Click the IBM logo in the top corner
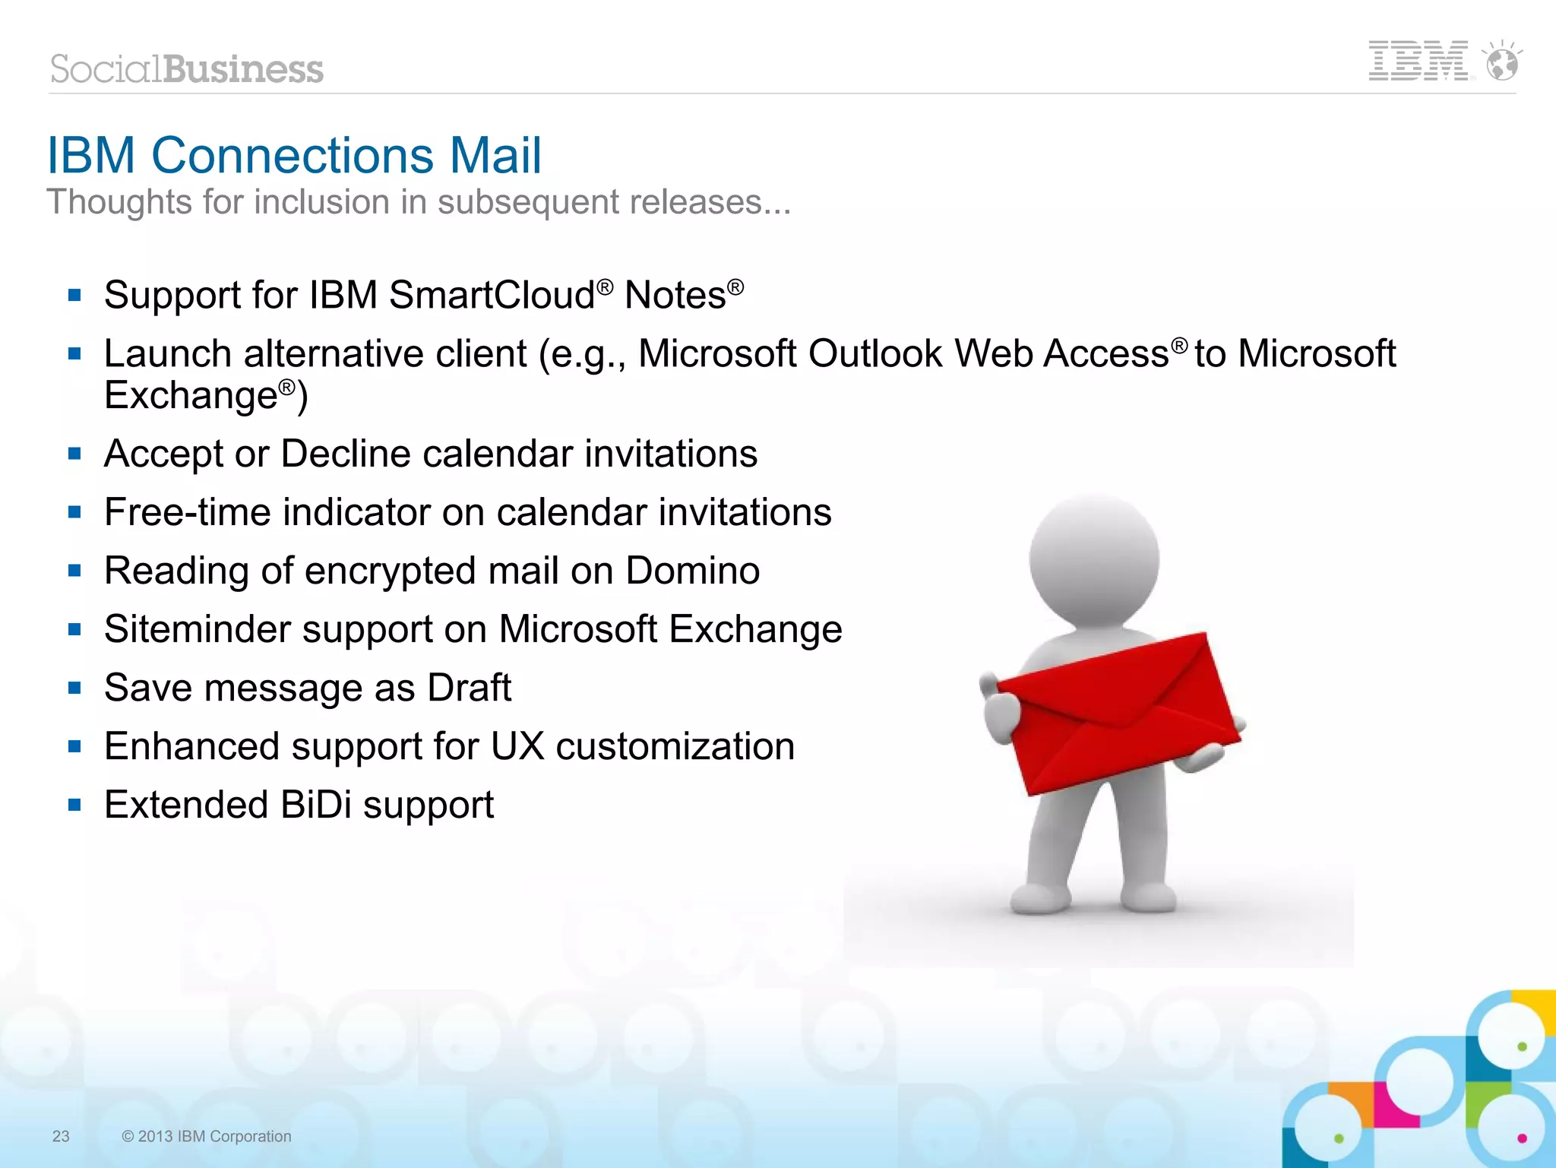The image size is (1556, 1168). (x=1418, y=61)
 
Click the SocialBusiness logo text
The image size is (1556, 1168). (x=187, y=69)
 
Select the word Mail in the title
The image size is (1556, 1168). (x=495, y=156)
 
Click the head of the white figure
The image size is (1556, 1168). (x=1094, y=559)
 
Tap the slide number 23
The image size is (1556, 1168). (x=61, y=1136)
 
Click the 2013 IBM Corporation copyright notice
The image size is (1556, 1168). (x=207, y=1136)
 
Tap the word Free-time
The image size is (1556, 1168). (x=187, y=512)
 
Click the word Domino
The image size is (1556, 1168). (x=692, y=571)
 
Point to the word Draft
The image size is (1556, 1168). (x=469, y=688)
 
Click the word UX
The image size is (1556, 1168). (x=517, y=746)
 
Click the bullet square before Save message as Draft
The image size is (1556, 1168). (x=74, y=688)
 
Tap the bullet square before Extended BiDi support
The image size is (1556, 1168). (x=74, y=806)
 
